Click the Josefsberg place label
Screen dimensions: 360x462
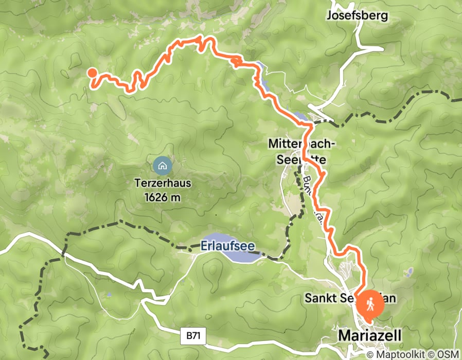357,16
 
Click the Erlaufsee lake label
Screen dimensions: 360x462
227,247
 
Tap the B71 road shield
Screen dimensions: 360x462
193,336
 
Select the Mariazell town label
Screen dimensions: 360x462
369,336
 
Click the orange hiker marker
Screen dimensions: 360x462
370,305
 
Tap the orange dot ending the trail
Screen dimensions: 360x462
92,73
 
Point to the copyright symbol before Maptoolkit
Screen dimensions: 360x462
370,354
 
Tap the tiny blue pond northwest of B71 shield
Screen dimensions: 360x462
109,295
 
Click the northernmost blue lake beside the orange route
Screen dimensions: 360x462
259,67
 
